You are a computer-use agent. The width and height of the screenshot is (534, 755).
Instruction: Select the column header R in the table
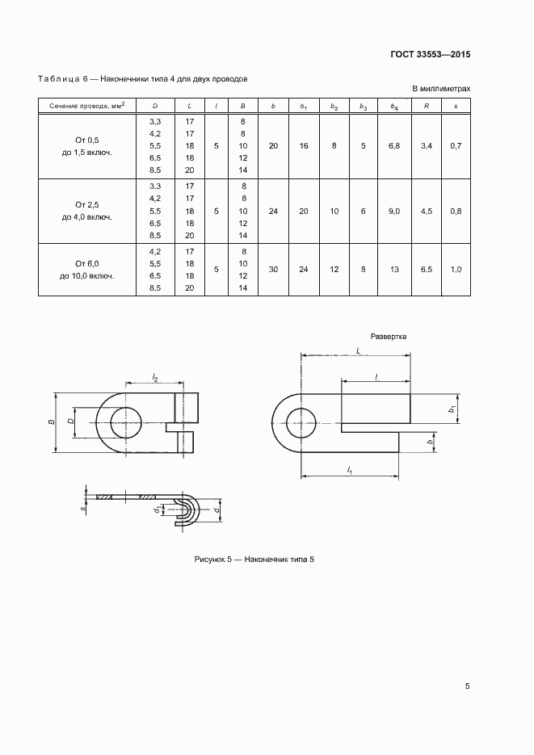pos(427,106)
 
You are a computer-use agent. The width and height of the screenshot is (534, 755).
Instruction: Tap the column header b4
pos(394,106)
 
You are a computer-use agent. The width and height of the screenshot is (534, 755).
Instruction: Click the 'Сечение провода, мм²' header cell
pos(87,106)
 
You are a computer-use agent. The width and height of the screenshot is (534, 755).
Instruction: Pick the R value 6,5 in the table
pos(427,269)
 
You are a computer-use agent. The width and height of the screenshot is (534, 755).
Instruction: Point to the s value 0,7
pos(456,145)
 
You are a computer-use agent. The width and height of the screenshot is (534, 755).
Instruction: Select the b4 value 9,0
pos(394,211)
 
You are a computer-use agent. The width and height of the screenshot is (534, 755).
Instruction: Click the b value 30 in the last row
pos(273,269)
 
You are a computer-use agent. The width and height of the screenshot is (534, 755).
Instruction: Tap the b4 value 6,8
pos(394,145)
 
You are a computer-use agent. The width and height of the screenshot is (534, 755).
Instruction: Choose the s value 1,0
pos(456,269)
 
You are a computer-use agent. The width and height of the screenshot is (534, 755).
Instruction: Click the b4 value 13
pos(394,269)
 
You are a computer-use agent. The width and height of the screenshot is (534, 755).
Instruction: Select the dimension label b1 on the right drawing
pos(452,410)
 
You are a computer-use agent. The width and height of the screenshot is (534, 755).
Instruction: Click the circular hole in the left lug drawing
pos(124,422)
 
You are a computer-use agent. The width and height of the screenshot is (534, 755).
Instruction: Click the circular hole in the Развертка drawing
pos(301,422)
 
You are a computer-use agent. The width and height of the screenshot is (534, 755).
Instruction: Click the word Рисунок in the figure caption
pos(211,559)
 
